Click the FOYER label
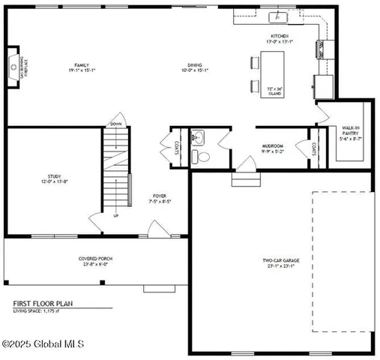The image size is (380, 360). point(157,197)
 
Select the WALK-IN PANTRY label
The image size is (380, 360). point(351,133)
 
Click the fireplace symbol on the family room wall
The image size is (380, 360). point(14,67)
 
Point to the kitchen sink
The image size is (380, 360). point(283,16)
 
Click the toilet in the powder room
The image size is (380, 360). point(199,156)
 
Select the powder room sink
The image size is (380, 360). point(198,137)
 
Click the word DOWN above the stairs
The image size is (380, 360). point(115,124)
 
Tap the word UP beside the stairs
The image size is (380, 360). point(115,216)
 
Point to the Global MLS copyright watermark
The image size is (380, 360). point(43,344)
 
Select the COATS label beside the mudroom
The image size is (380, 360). point(313,148)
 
